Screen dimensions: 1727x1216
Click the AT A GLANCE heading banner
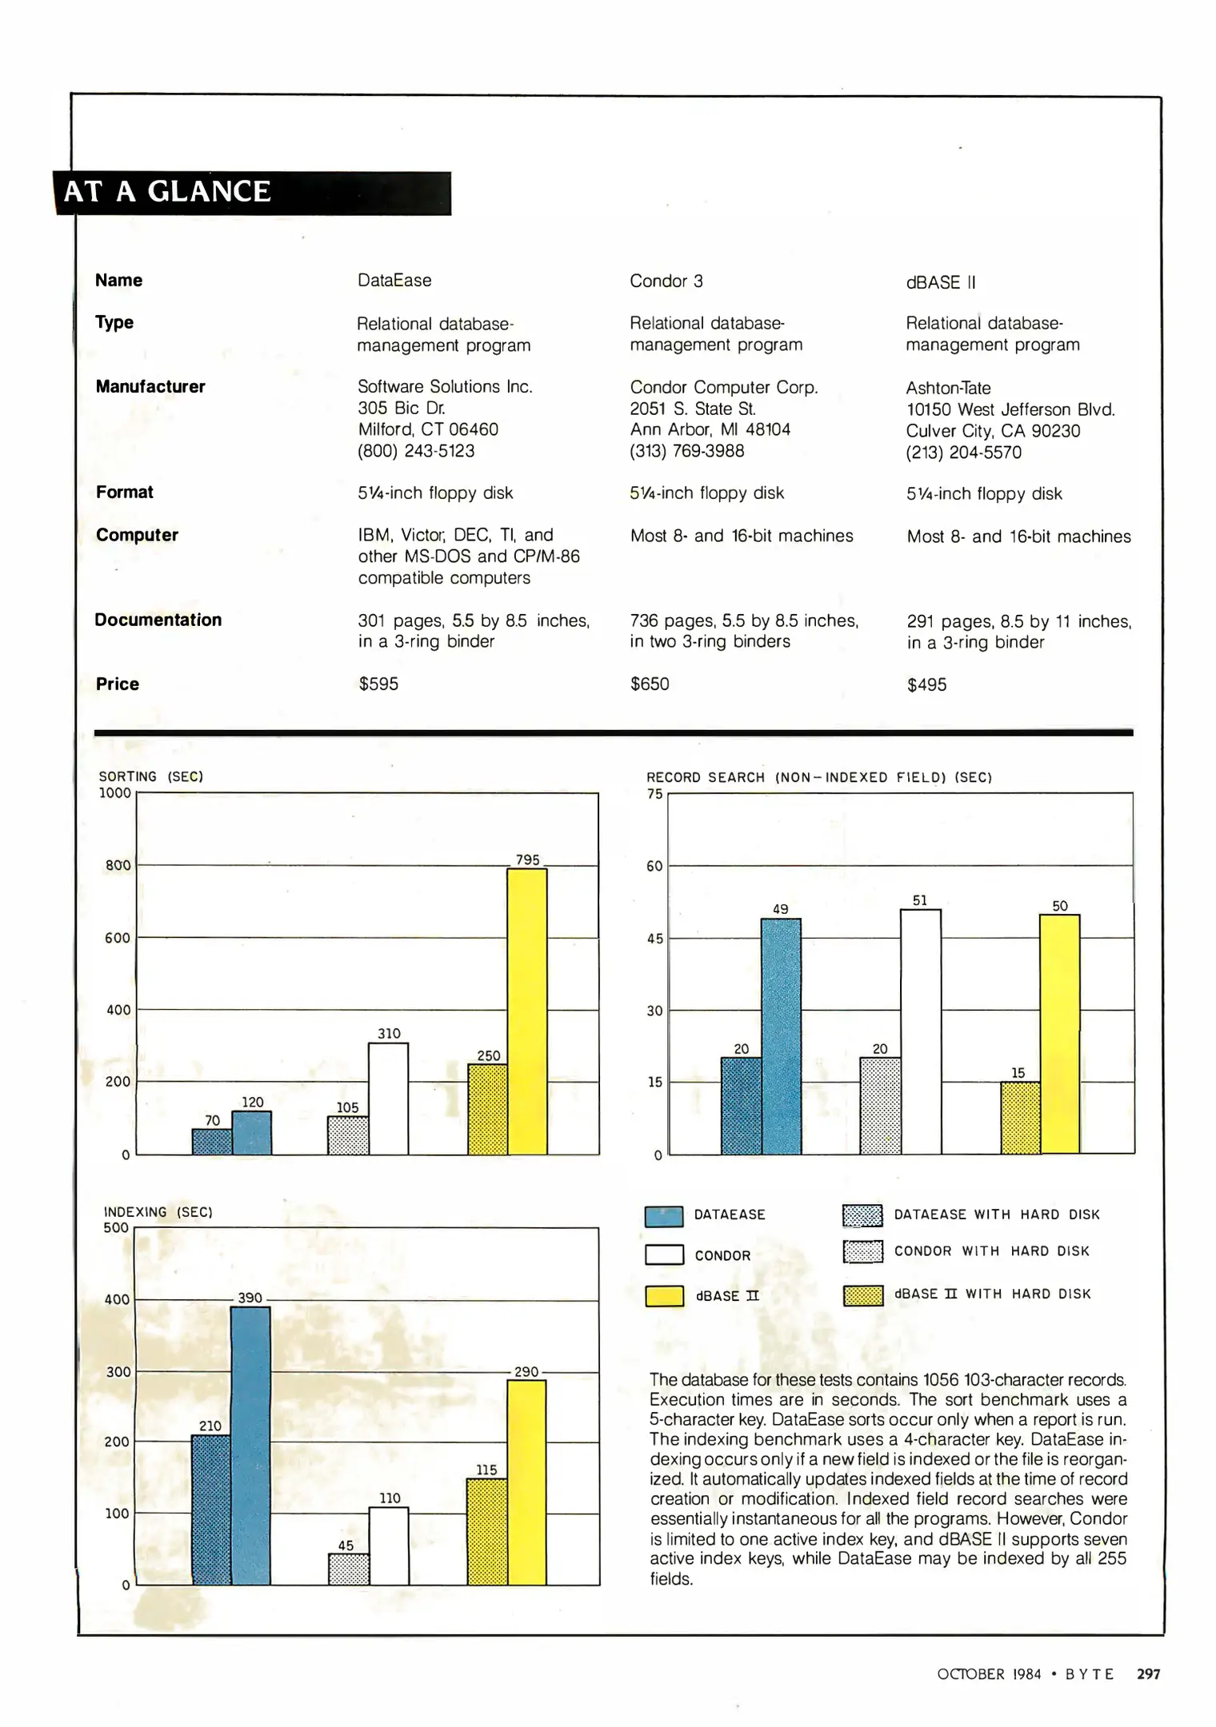click(252, 193)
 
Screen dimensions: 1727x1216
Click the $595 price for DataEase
click(378, 684)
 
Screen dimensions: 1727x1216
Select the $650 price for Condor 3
click(650, 684)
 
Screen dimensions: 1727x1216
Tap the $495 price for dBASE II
click(926, 684)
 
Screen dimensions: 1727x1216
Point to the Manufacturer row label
click(150, 387)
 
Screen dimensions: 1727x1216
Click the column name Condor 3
click(666, 281)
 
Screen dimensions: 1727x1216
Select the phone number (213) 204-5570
click(963, 453)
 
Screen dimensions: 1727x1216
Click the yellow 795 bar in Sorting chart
click(527, 1011)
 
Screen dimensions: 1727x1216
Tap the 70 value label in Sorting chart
click(212, 1120)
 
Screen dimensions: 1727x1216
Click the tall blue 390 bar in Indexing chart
click(250, 1445)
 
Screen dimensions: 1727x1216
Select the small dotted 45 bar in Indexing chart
click(349, 1569)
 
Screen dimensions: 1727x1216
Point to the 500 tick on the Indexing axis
click(116, 1227)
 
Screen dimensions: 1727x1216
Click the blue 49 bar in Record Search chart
click(781, 1035)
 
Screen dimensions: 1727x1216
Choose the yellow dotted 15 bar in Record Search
click(1020, 1118)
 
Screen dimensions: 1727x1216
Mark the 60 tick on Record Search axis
click(654, 866)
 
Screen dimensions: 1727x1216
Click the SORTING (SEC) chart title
click(151, 776)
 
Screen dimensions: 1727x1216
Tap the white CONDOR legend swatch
click(664, 1254)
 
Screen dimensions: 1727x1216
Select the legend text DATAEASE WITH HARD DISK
click(997, 1214)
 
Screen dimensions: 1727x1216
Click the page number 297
click(1148, 1673)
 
